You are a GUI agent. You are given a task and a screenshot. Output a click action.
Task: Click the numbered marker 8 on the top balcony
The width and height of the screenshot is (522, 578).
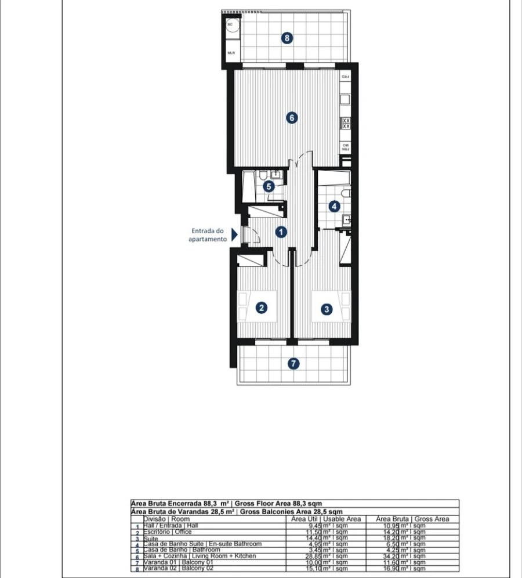287,38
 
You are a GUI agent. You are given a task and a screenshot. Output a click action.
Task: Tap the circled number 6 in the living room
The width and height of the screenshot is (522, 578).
292,118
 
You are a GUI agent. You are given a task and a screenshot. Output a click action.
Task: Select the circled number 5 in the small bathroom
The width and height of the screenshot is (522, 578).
268,186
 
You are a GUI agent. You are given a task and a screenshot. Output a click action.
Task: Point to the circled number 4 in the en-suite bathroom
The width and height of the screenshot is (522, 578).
334,206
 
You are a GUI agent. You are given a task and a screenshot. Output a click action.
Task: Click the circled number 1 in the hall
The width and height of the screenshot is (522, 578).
281,232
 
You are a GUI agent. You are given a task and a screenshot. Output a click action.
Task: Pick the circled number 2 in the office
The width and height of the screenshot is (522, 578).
262,308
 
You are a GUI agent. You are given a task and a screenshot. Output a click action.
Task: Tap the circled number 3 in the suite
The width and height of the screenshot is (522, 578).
327,309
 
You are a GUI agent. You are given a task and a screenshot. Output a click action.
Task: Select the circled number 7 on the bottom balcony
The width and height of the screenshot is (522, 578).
294,364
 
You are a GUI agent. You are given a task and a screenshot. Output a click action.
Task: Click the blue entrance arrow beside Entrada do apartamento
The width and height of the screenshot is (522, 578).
234,234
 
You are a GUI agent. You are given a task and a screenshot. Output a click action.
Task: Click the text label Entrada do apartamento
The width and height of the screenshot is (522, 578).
208,234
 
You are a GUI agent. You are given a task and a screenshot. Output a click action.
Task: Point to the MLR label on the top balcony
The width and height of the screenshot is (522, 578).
231,53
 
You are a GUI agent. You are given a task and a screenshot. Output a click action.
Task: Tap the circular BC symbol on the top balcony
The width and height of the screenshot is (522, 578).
230,25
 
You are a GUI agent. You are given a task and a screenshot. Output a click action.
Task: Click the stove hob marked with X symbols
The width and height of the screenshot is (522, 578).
346,123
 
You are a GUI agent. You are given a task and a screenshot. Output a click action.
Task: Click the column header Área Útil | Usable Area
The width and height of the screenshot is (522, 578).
326,519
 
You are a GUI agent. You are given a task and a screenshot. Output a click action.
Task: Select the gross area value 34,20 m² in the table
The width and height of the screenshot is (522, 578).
401,556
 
